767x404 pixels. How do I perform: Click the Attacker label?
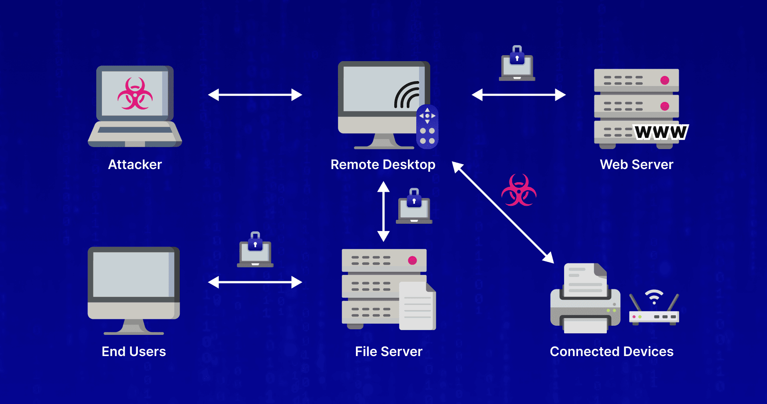[x=135, y=165]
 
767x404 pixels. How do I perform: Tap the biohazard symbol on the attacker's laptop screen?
[x=135, y=94]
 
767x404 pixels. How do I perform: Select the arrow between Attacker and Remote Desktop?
[x=255, y=95]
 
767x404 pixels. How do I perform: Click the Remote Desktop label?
[x=383, y=165]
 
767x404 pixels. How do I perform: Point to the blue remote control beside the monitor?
[x=427, y=127]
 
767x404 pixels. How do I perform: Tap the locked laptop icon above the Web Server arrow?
[x=517, y=64]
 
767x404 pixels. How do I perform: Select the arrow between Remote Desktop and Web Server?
[x=519, y=95]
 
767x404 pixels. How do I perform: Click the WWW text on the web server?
[x=661, y=132]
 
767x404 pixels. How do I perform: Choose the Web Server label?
[x=636, y=165]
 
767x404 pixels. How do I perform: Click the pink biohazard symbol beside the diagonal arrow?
[x=519, y=191]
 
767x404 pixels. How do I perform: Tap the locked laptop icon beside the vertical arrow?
[x=414, y=207]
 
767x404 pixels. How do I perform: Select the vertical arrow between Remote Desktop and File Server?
[x=383, y=211]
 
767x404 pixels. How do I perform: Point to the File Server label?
[x=388, y=352]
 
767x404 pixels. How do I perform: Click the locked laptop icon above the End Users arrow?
[x=255, y=250]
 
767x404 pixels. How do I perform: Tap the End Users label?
[x=133, y=352]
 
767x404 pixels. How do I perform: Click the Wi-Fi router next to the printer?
[x=654, y=310]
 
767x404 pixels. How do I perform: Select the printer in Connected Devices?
[x=585, y=300]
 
